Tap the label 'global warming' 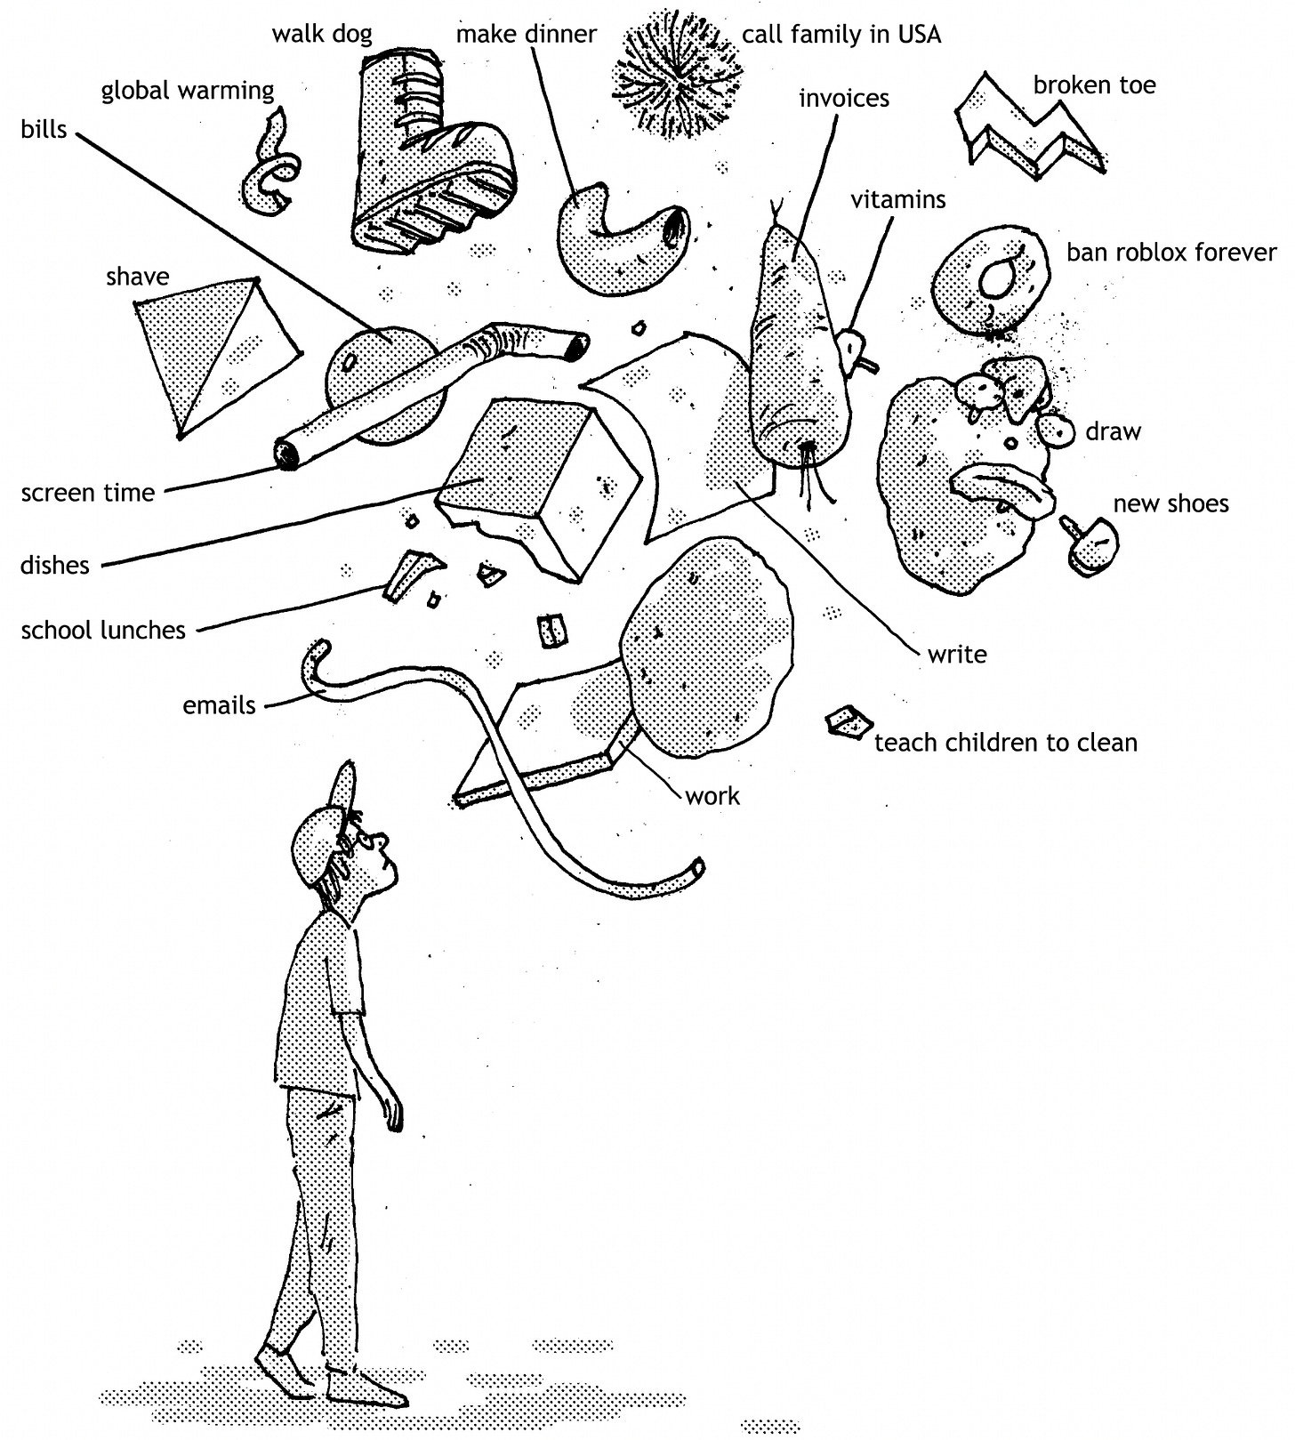pyautogui.click(x=188, y=91)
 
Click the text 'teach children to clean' pyautogui.click(x=1005, y=742)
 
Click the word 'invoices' pyautogui.click(x=843, y=98)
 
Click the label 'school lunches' pyautogui.click(x=103, y=631)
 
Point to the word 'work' pyautogui.click(x=712, y=795)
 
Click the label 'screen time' pyautogui.click(x=87, y=493)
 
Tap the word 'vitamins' pyautogui.click(x=897, y=199)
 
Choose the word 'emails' pyautogui.click(x=219, y=705)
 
